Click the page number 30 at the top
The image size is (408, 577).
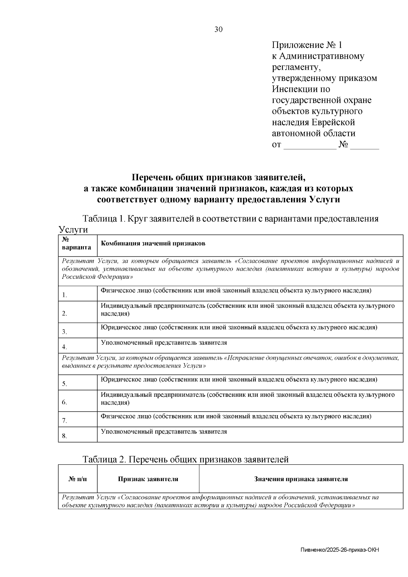tap(219, 30)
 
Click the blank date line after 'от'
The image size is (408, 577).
tap(309, 145)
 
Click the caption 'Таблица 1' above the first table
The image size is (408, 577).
tap(103, 219)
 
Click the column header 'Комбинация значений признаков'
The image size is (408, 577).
tap(153, 244)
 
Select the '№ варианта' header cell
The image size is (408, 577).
tap(77, 244)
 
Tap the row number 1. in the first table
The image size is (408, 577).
tap(65, 295)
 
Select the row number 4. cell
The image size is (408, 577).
tap(65, 347)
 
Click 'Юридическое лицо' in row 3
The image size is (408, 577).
tap(129, 327)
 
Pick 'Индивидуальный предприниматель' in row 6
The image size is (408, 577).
tap(153, 395)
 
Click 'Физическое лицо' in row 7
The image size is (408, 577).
tap(126, 416)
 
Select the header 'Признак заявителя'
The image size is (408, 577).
tap(148, 479)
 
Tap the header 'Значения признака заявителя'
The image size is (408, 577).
tap(301, 479)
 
